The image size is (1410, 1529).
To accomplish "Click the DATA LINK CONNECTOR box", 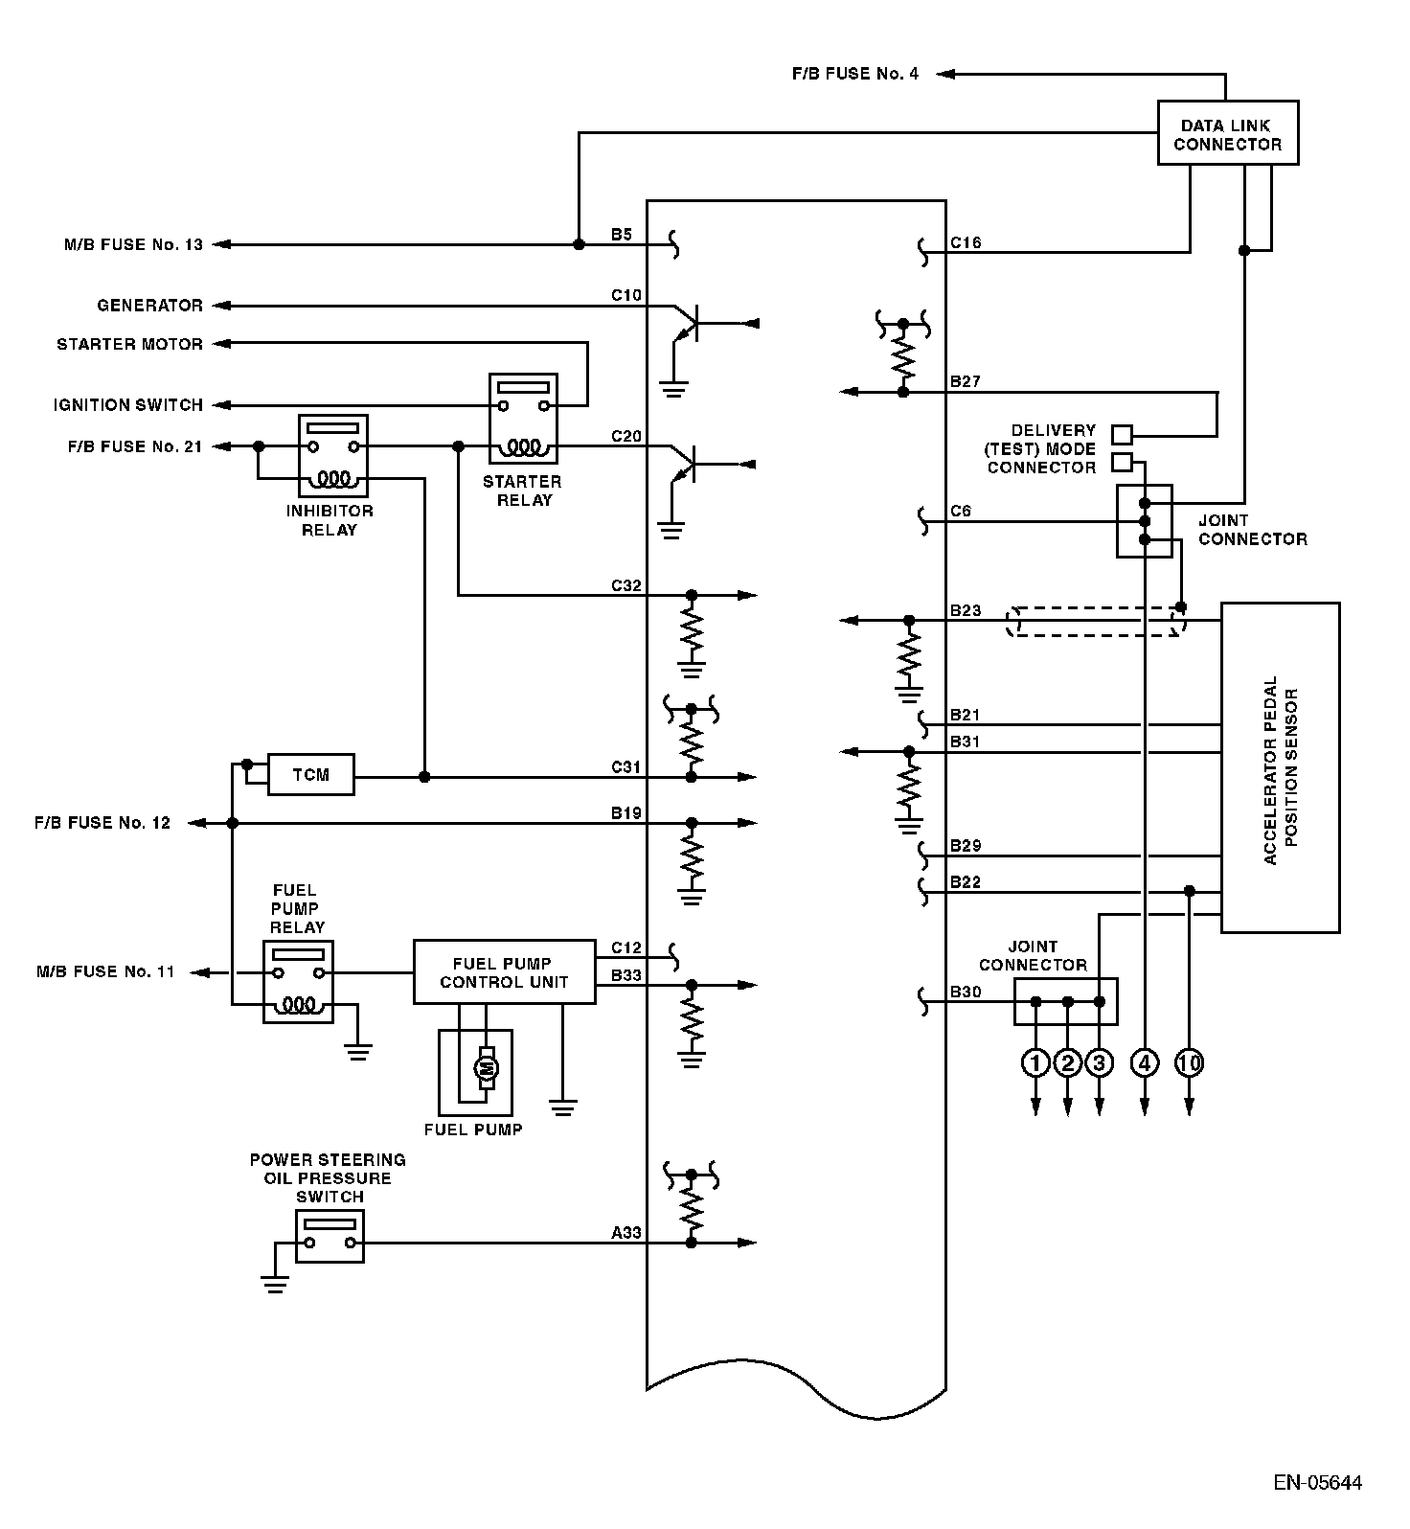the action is tap(1228, 133).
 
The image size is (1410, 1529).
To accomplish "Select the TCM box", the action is tap(310, 774).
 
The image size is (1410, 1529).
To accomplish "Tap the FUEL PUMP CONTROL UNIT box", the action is tap(504, 971).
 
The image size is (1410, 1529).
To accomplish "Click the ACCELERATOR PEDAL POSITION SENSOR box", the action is tap(1280, 767).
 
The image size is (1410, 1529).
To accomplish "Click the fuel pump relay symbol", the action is tap(298, 981).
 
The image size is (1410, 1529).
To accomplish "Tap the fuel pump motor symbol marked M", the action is tap(487, 1067).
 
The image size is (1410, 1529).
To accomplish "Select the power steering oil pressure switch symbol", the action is tap(330, 1235).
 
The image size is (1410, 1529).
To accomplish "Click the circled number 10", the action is tap(1189, 1062).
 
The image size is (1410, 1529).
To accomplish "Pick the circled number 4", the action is tap(1145, 1062).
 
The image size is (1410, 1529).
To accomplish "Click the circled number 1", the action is tap(1035, 1062).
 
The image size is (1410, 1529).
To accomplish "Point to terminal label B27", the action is tap(966, 381).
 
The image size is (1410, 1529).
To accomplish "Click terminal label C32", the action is tap(626, 585).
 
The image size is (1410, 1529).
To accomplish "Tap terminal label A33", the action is tap(626, 1233).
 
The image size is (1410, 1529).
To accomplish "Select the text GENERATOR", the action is tap(150, 306).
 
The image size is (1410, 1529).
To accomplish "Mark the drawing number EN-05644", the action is tap(1317, 1484).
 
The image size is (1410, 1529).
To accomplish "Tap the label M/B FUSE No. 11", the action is tap(106, 971).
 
